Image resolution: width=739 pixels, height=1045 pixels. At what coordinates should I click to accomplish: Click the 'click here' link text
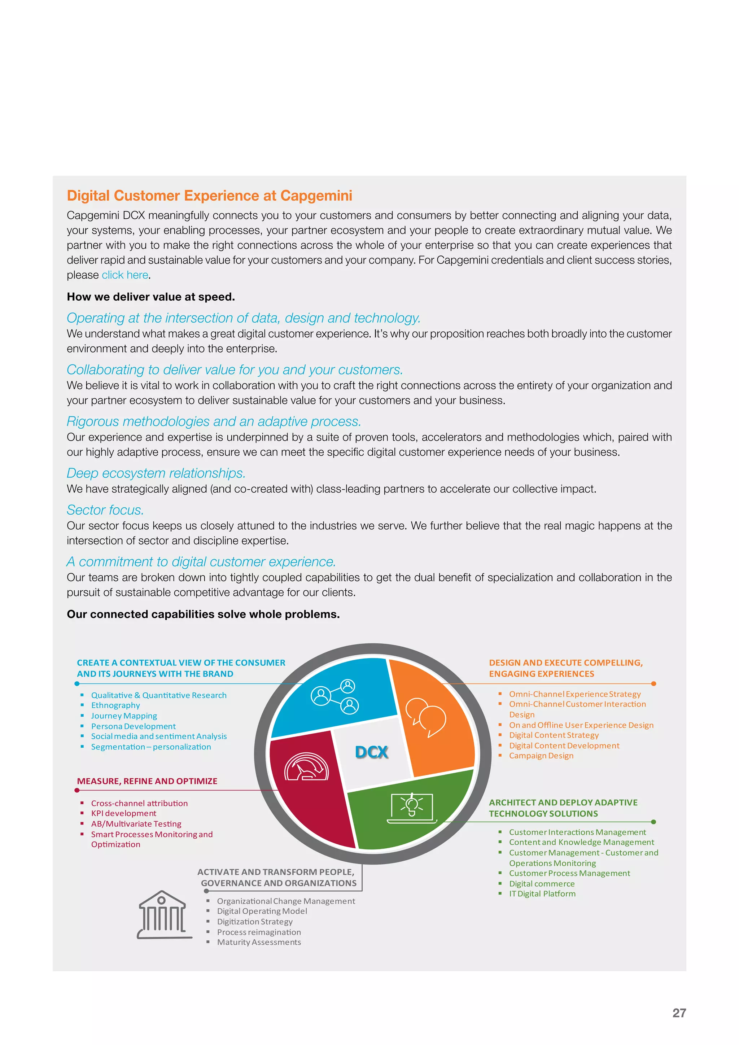pyautogui.click(x=125, y=275)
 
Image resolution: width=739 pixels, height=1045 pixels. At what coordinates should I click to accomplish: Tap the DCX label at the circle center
pyautogui.click(x=371, y=752)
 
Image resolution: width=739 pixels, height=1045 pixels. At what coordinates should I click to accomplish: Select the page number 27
pyautogui.click(x=679, y=1013)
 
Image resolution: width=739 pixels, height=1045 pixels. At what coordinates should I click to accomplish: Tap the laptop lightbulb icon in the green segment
pyautogui.click(x=412, y=807)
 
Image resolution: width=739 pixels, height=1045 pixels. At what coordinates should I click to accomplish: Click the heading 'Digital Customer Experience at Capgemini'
pyautogui.click(x=209, y=195)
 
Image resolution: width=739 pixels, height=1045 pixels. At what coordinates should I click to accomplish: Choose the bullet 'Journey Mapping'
pyautogui.click(x=124, y=716)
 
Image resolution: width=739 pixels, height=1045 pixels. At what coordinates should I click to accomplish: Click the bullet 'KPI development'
pyautogui.click(x=123, y=813)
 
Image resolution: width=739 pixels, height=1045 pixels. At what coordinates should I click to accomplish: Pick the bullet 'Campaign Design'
pyautogui.click(x=541, y=756)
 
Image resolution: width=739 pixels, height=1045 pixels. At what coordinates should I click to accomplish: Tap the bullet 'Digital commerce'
pyautogui.click(x=542, y=883)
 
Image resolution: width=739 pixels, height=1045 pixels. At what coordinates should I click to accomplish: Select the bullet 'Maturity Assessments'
pyautogui.click(x=259, y=942)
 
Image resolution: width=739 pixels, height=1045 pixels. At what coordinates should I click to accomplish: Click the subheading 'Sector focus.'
pyautogui.click(x=105, y=510)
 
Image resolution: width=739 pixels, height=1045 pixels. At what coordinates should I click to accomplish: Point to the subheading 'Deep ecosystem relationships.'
pyautogui.click(x=156, y=473)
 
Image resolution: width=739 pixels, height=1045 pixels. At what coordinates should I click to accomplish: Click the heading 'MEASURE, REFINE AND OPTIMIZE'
pyautogui.click(x=147, y=781)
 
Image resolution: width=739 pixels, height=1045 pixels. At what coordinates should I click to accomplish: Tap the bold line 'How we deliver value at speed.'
pyautogui.click(x=150, y=297)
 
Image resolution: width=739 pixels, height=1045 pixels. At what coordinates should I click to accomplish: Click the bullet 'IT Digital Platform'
pyautogui.click(x=542, y=893)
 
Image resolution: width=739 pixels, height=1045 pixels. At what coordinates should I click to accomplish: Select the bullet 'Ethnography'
pyautogui.click(x=115, y=705)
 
